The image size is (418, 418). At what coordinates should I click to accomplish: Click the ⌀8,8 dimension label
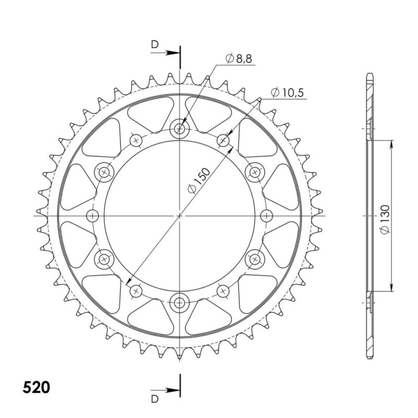point(239,59)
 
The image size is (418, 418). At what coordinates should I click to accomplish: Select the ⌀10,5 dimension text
point(287,93)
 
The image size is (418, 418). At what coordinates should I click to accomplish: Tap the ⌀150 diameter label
point(199,180)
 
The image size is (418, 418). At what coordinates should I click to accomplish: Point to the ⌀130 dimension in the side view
point(385,219)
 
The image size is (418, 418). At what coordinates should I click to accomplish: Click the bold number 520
point(36,387)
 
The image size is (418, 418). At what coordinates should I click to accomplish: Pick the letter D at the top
point(155,44)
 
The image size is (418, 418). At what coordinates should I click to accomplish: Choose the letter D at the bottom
point(155,399)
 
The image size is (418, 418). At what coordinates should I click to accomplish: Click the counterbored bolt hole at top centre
point(180,129)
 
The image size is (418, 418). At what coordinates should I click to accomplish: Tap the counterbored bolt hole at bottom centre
point(180,303)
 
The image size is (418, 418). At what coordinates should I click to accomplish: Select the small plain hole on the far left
point(93,216)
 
